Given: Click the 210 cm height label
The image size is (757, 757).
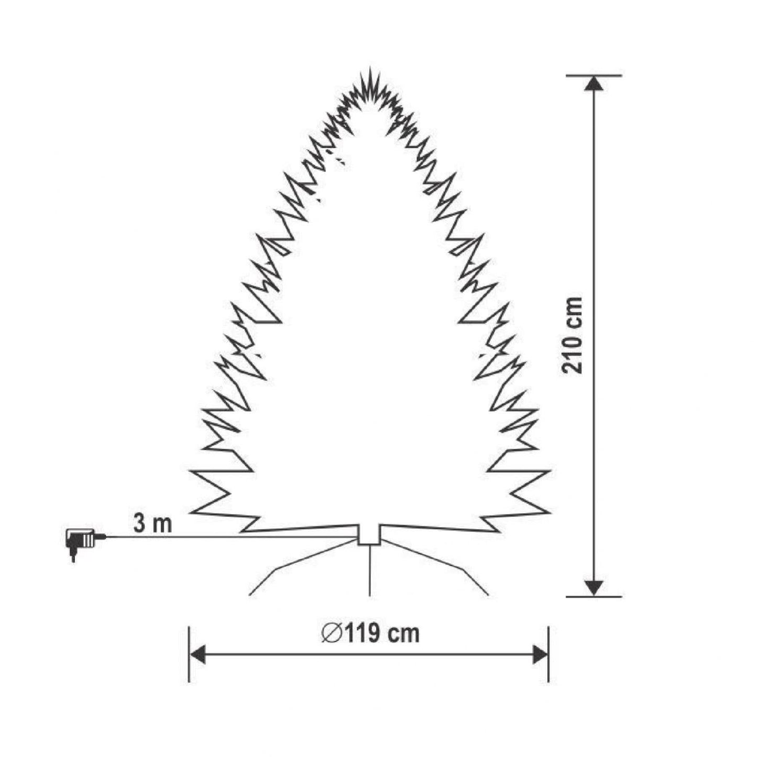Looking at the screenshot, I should [x=572, y=335].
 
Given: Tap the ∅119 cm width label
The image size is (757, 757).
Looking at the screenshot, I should [x=370, y=633].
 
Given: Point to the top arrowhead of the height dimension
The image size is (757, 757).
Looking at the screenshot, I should [x=593, y=84].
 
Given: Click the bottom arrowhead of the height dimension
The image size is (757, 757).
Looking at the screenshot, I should [x=593, y=588].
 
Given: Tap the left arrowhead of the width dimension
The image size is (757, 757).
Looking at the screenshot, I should [x=197, y=654].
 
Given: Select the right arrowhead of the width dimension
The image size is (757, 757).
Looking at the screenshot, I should [x=540, y=654].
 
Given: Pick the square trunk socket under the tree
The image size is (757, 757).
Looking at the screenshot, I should [x=369, y=534].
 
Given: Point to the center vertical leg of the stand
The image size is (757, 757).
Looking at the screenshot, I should [x=370, y=571].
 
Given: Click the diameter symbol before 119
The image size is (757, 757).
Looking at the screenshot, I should [x=331, y=634].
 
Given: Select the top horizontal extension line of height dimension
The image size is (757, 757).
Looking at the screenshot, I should [x=593, y=75].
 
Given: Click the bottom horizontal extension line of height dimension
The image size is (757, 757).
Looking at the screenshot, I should [x=593, y=596].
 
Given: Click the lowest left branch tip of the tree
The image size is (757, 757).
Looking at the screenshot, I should [x=192, y=512].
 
